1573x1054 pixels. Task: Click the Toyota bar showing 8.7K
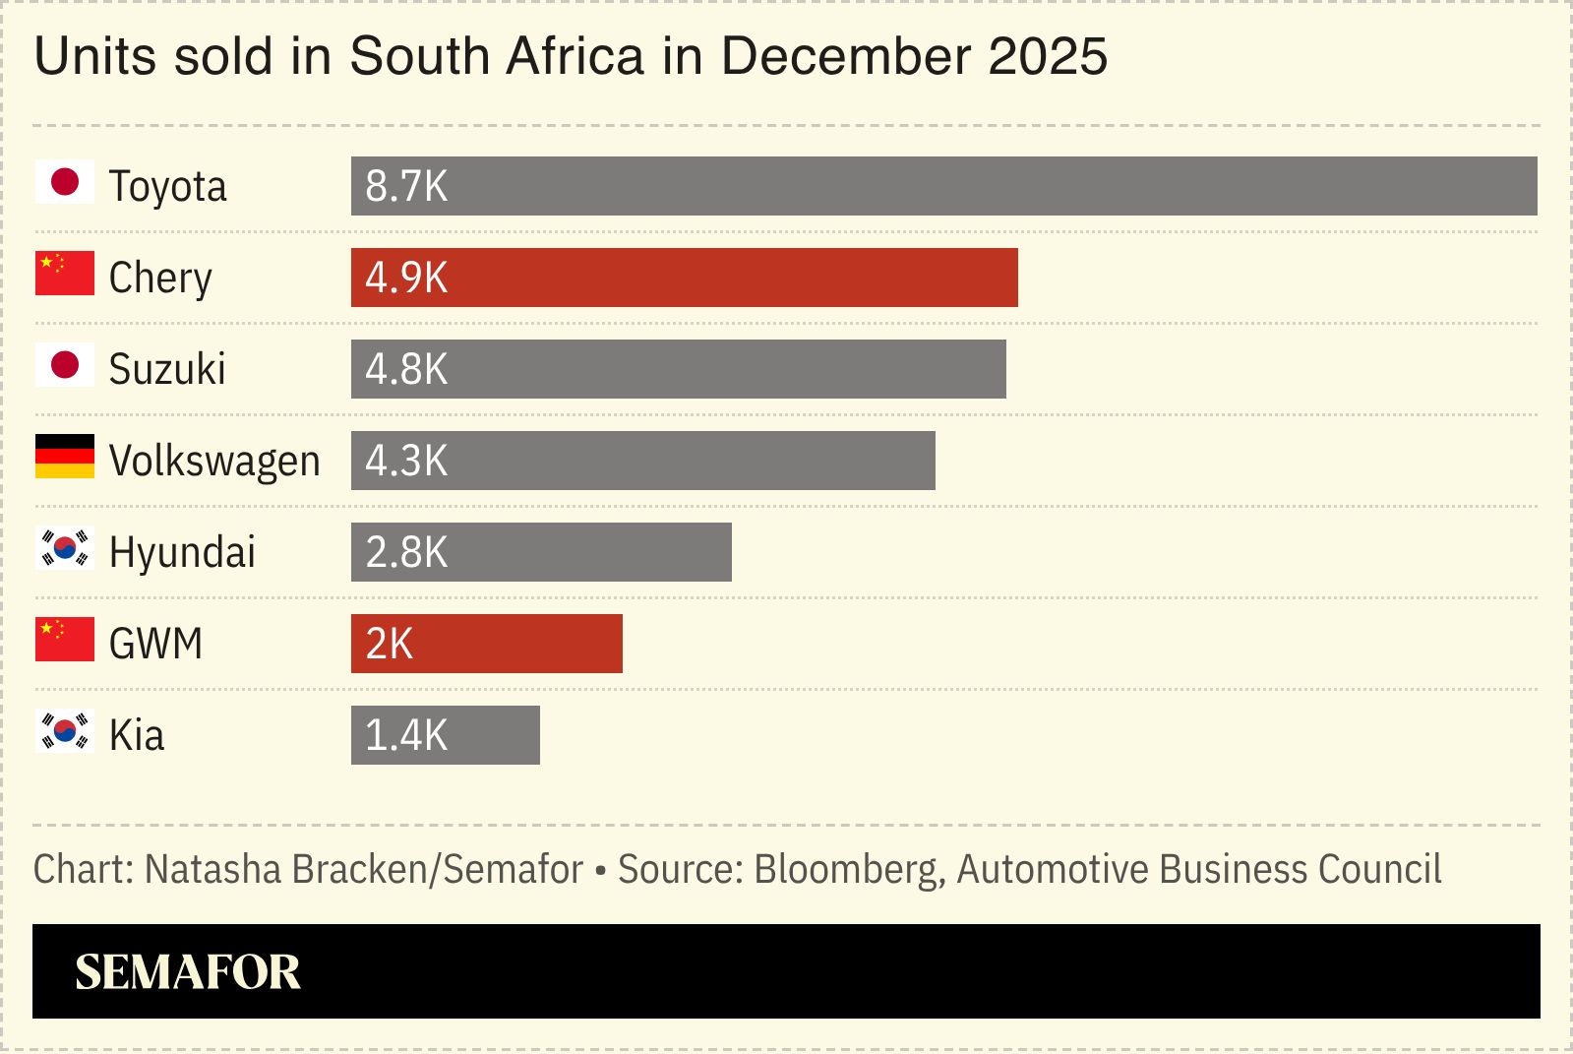(944, 186)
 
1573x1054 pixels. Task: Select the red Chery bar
(685, 278)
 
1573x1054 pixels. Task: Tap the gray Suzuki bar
(679, 369)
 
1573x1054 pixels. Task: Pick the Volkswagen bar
(643, 461)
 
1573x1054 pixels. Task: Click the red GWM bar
(487, 644)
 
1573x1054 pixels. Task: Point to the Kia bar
(446, 735)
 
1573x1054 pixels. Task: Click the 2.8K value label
(406, 552)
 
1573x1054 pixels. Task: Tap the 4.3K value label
(406, 461)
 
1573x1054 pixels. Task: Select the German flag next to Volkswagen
(65, 457)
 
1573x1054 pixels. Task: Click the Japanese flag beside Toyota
(65, 182)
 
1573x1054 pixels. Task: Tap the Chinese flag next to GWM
(65, 640)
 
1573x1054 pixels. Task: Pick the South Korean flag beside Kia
(65, 731)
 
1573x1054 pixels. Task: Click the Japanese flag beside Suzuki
(65, 365)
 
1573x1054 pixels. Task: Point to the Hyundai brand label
(182, 552)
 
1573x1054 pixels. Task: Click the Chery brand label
(160, 279)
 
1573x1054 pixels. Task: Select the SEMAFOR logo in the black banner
(188, 972)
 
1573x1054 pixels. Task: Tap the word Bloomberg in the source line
(846, 870)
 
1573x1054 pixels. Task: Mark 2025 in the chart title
(1048, 56)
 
